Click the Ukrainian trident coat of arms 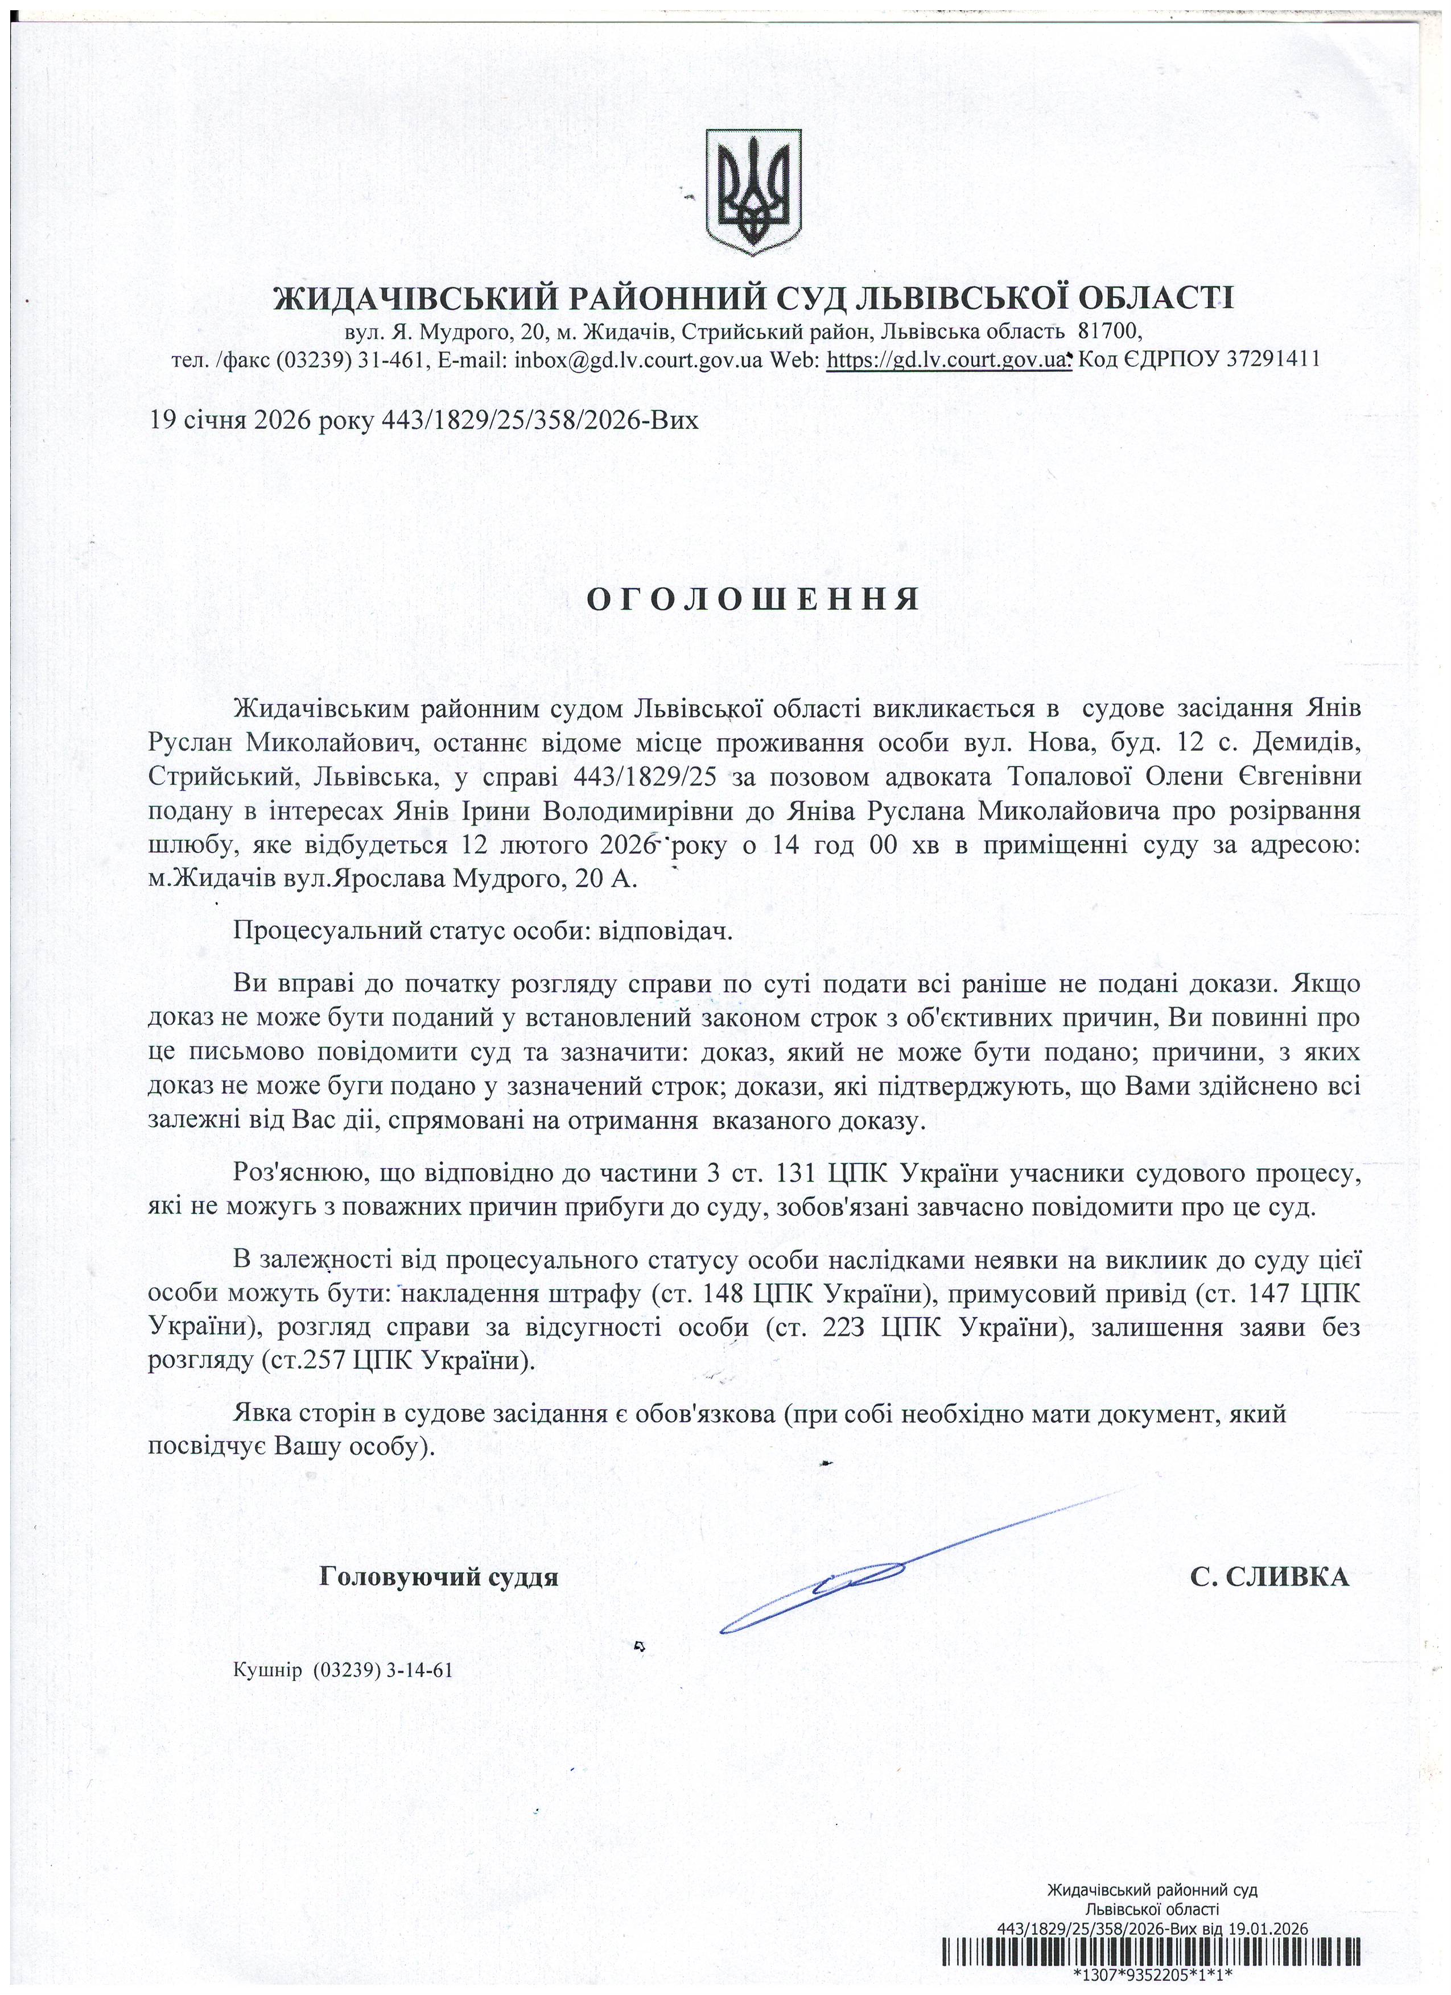(754, 192)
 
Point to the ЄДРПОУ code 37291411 (1272, 360)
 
